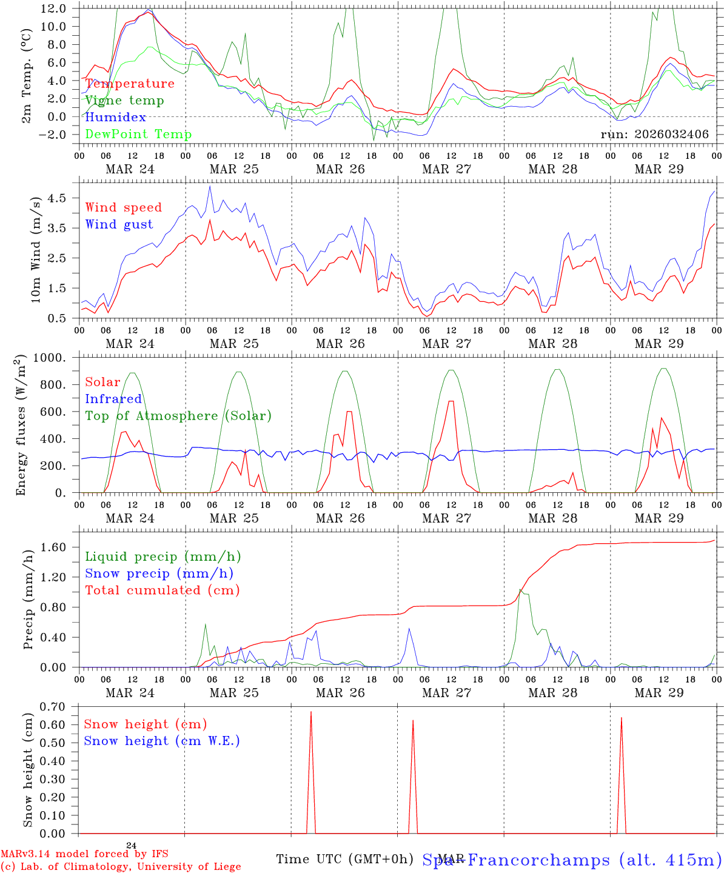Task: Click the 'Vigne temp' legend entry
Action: pos(124,101)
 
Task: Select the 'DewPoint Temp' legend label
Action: pos(138,135)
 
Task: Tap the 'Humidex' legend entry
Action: pos(115,118)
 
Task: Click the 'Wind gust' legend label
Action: pos(119,224)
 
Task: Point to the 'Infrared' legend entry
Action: pos(113,399)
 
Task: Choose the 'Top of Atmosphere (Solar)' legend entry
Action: pos(178,416)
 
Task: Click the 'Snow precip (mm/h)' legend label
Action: pos(159,574)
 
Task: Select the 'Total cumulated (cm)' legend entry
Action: pos(163,590)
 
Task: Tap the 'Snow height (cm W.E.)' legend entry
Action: pos(162,741)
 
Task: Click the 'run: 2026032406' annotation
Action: pos(654,135)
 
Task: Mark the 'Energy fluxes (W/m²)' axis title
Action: pos(21,424)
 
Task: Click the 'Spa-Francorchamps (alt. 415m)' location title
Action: pos(572,860)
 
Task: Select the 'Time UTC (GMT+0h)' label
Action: pos(344,859)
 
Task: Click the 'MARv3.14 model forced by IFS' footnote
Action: pos(84,854)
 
